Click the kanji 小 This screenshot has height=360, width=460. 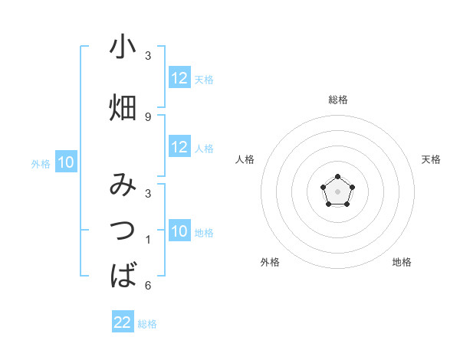coord(123,48)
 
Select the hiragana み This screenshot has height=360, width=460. coord(123,187)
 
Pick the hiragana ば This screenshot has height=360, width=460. coord(123,275)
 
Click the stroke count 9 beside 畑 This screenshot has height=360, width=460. coord(148,116)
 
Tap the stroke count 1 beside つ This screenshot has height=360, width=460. coord(148,240)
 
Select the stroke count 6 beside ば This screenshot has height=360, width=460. coord(148,286)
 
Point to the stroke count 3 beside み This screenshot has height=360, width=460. coord(148,193)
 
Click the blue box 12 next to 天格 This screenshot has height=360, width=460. coord(179,78)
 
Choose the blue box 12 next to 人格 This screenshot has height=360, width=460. coord(179,148)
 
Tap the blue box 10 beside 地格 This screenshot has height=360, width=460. coord(179,232)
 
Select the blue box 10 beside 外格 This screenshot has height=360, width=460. coord(66,162)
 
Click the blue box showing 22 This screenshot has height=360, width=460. coord(123,322)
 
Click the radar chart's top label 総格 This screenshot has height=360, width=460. coord(337,100)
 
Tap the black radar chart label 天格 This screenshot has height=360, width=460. coord(432,159)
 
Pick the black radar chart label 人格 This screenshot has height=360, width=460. coord(245,159)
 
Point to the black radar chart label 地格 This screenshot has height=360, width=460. coord(402,262)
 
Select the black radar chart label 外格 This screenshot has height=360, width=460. coord(270,262)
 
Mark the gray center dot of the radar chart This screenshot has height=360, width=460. coord(337,190)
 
